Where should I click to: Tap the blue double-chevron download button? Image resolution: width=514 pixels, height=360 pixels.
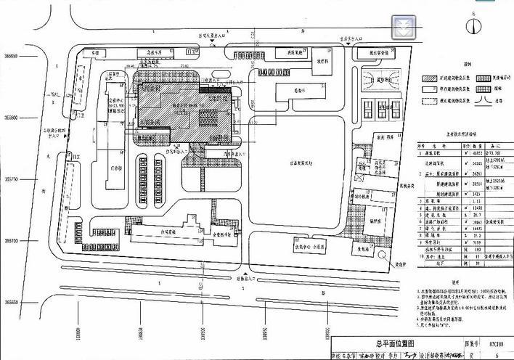pos(403,27)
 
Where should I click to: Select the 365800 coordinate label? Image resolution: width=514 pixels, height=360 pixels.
pos(11,116)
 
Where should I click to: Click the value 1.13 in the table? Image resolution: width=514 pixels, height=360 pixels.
pos(476,202)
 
